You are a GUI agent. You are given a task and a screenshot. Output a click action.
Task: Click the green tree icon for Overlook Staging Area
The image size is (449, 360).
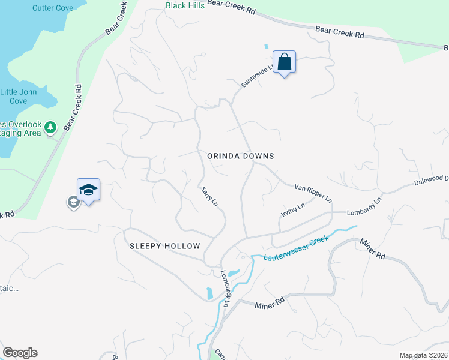[50, 127]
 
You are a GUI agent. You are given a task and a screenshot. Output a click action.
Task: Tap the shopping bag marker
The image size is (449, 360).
[284, 61]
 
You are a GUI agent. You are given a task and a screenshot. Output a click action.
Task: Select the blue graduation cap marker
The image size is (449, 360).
[88, 190]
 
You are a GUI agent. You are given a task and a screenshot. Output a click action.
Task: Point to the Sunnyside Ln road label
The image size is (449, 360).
[256, 75]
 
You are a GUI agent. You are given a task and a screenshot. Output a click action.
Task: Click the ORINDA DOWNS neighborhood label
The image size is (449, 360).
[240, 156]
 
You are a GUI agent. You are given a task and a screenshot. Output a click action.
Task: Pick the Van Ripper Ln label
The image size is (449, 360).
[313, 193]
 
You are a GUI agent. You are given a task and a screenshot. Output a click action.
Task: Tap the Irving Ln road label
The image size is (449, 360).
[293, 210]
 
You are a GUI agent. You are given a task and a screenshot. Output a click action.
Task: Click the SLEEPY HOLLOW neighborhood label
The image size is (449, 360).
[164, 247]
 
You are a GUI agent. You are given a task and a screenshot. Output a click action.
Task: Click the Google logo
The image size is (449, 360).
[20, 353]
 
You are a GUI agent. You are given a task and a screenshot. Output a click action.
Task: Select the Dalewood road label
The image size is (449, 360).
[431, 179]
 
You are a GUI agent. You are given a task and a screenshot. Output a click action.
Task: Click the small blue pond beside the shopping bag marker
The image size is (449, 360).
[265, 46]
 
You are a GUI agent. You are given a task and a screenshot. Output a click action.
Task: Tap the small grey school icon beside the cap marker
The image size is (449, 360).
[73, 202]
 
